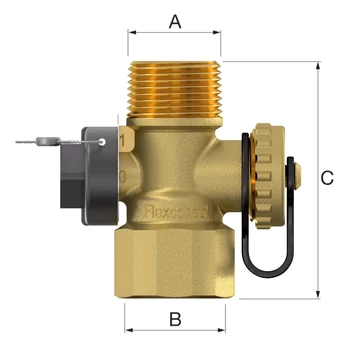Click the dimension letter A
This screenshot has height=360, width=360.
[x=176, y=20]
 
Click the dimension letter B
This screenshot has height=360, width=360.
[x=175, y=320]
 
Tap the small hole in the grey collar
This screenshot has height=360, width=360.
[x=103, y=142]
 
